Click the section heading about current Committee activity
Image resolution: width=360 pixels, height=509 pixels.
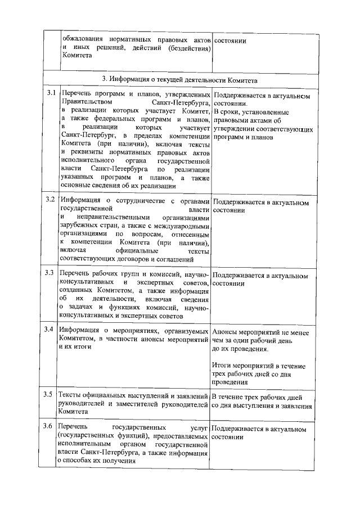(x=180, y=79)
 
